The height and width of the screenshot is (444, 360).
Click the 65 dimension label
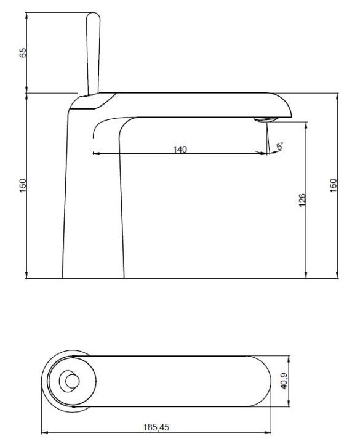23,52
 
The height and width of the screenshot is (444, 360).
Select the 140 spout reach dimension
180,149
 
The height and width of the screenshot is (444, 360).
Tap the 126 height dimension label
302,200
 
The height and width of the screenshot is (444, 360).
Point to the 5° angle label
280,147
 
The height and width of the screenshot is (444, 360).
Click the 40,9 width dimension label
284,381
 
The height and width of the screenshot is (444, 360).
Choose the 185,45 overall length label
156,427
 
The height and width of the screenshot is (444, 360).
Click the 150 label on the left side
23,185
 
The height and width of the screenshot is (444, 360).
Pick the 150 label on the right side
334,185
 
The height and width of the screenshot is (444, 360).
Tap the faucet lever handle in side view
93,54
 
